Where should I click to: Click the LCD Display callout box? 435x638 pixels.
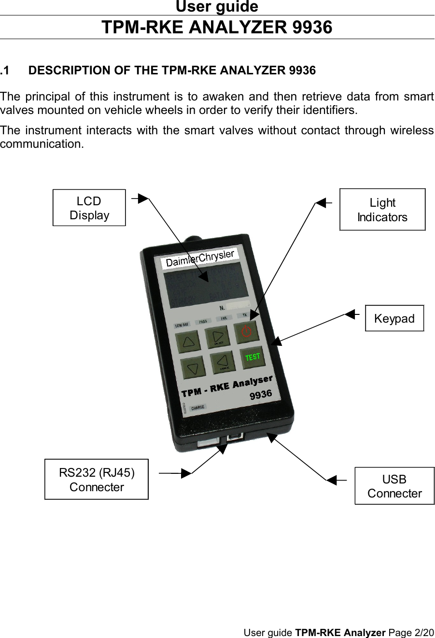click(x=89, y=208)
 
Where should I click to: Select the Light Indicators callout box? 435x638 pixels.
click(x=382, y=210)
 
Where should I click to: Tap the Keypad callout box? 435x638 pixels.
click(x=394, y=318)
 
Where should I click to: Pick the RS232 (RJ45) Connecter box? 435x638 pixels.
click(x=97, y=479)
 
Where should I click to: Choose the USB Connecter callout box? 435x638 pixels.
click(x=394, y=486)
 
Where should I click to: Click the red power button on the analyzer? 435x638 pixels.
click(x=246, y=332)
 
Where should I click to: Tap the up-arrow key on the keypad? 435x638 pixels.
click(x=189, y=342)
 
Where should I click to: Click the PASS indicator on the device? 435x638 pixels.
click(x=203, y=322)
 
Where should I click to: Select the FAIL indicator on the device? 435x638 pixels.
click(x=224, y=318)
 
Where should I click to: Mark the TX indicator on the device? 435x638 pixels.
click(x=245, y=315)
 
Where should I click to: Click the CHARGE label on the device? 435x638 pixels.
click(x=198, y=408)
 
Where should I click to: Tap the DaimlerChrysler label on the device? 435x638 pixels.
click(x=200, y=258)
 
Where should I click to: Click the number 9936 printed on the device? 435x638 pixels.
click(x=261, y=395)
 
